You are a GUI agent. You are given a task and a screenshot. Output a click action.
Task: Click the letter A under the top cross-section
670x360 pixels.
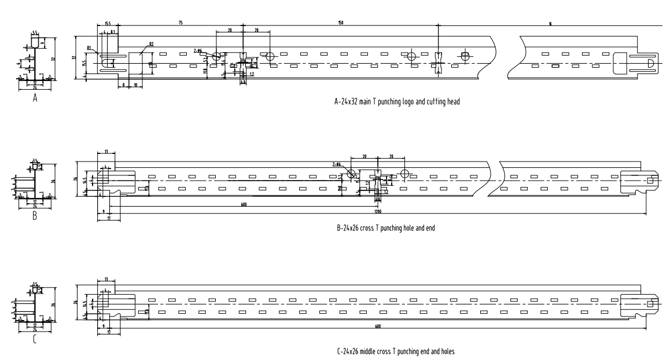click(35, 98)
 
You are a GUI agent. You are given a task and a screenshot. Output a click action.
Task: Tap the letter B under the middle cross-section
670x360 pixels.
click(35, 217)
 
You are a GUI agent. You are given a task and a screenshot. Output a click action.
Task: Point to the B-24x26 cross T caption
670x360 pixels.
click(385, 228)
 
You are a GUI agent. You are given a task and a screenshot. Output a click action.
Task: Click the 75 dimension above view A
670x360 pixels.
click(181, 23)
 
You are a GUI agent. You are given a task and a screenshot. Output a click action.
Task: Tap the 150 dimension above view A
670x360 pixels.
click(341, 23)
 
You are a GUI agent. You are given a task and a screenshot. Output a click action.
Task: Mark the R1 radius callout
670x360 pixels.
click(90, 47)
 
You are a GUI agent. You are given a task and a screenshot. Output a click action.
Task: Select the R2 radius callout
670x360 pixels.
click(151, 44)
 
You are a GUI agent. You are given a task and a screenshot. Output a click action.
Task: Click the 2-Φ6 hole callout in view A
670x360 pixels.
click(198, 50)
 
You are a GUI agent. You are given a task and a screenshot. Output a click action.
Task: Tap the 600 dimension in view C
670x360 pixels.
click(377, 326)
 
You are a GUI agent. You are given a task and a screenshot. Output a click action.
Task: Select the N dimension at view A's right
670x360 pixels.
click(550, 23)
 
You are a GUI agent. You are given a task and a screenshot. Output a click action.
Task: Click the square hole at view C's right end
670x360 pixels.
click(650, 303)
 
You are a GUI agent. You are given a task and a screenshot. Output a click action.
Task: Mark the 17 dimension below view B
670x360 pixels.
click(108, 219)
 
